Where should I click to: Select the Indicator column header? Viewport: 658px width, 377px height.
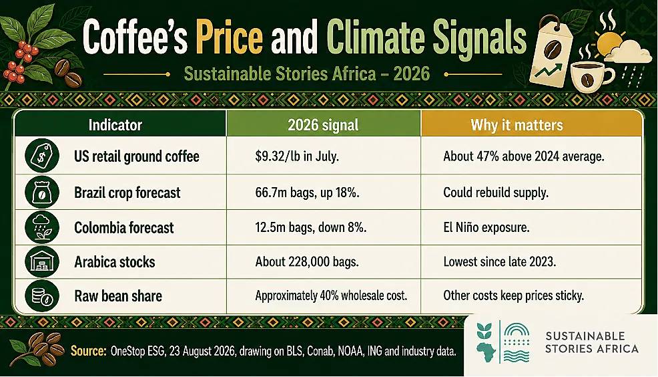[x=115, y=125]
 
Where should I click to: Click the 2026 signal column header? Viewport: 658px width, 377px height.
[x=323, y=125]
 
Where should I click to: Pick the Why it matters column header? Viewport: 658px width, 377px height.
[x=517, y=125]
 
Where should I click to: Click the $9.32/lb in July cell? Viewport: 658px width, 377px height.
[x=297, y=156]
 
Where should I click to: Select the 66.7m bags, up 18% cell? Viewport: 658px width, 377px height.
[x=307, y=193]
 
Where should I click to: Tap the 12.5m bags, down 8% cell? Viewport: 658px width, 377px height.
[x=310, y=227]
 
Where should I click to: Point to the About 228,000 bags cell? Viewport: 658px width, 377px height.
[x=307, y=262]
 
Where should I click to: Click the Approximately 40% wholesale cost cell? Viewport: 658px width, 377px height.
[x=331, y=295]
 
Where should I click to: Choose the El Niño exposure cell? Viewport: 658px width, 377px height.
[x=486, y=227]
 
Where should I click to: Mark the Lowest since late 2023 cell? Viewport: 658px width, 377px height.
[x=499, y=262]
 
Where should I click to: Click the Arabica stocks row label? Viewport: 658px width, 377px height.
[x=115, y=262]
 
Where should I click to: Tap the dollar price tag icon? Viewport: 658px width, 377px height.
[x=41, y=156]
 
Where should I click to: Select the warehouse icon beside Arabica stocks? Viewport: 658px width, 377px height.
[x=41, y=261]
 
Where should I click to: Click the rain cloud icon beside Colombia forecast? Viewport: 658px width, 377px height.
[x=41, y=227]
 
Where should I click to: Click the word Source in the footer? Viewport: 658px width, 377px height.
[x=88, y=350]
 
